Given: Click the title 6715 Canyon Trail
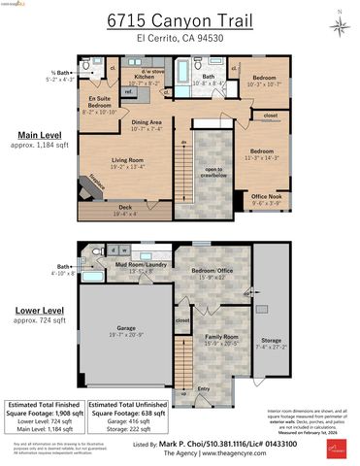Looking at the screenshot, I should pos(180,20).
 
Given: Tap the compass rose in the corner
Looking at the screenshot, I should pos(339,23).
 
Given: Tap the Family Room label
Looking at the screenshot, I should pos(220,339).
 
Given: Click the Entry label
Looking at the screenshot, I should pos(203,387).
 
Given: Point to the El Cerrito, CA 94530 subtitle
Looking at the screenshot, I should pos(180,38).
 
